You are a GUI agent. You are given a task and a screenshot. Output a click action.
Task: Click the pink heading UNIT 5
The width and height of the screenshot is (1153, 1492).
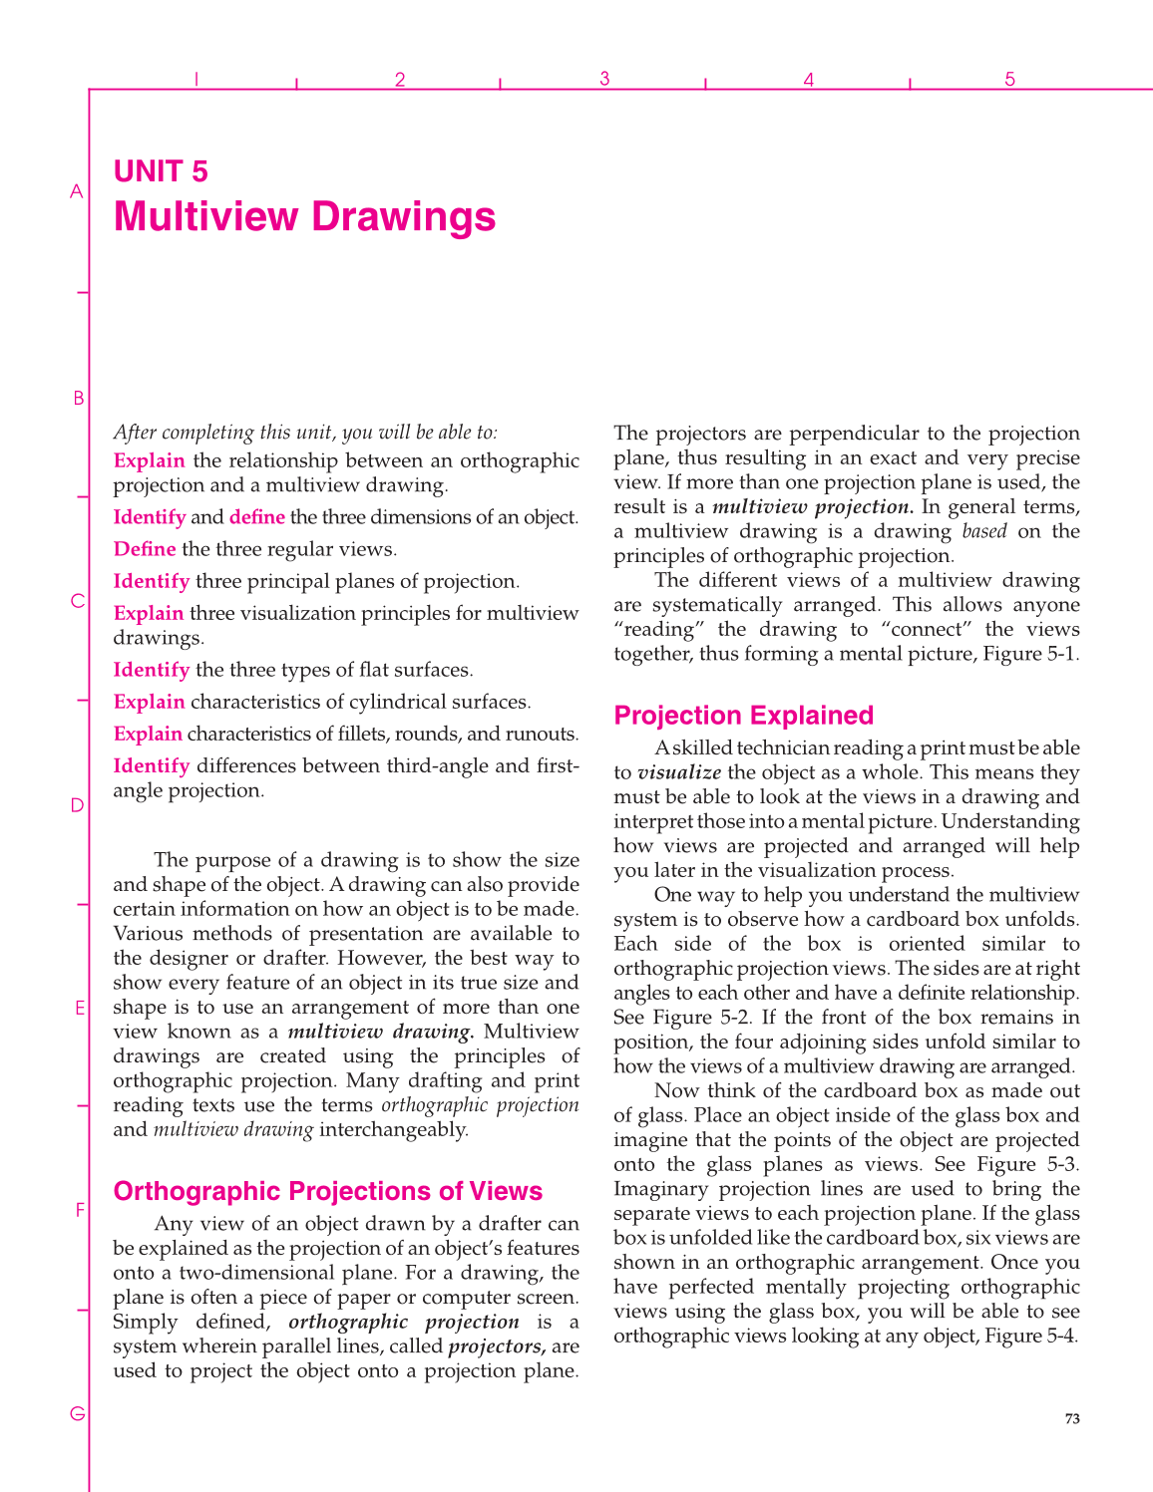(x=161, y=171)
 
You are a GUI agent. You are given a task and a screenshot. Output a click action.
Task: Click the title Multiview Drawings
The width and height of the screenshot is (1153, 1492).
(x=304, y=217)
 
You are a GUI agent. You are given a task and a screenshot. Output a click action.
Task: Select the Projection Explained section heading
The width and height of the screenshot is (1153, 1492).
(x=743, y=716)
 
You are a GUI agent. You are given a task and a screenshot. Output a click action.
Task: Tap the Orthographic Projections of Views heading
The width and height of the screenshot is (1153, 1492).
(x=327, y=1191)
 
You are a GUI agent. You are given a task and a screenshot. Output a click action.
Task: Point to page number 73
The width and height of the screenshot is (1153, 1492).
(x=1071, y=1418)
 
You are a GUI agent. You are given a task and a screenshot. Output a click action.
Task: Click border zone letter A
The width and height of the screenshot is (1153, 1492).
(x=76, y=191)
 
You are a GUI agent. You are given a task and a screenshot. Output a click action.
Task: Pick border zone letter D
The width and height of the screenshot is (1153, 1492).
(x=77, y=805)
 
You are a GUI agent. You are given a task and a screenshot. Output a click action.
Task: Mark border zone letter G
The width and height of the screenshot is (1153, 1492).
(x=77, y=1413)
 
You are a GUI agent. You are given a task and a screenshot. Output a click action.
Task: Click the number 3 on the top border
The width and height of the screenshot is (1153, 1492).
(x=604, y=79)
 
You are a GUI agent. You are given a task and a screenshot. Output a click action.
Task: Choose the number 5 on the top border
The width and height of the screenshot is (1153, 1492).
(x=1009, y=79)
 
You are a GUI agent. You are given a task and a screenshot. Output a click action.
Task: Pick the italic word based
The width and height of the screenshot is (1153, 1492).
(x=984, y=531)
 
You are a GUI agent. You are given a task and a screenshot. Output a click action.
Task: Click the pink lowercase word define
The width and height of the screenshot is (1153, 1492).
(x=256, y=517)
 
